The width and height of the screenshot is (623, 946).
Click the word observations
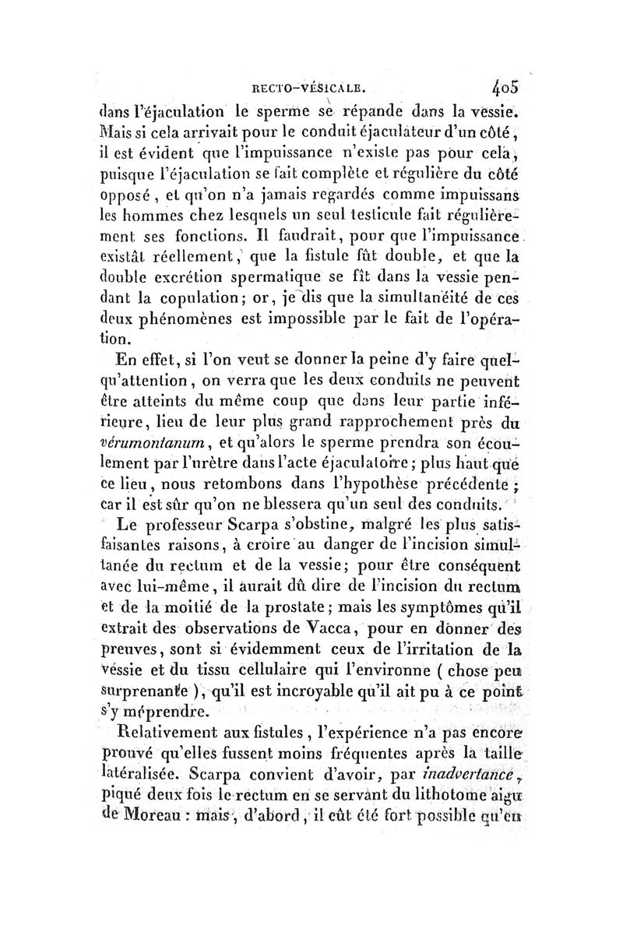[x=220, y=624]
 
